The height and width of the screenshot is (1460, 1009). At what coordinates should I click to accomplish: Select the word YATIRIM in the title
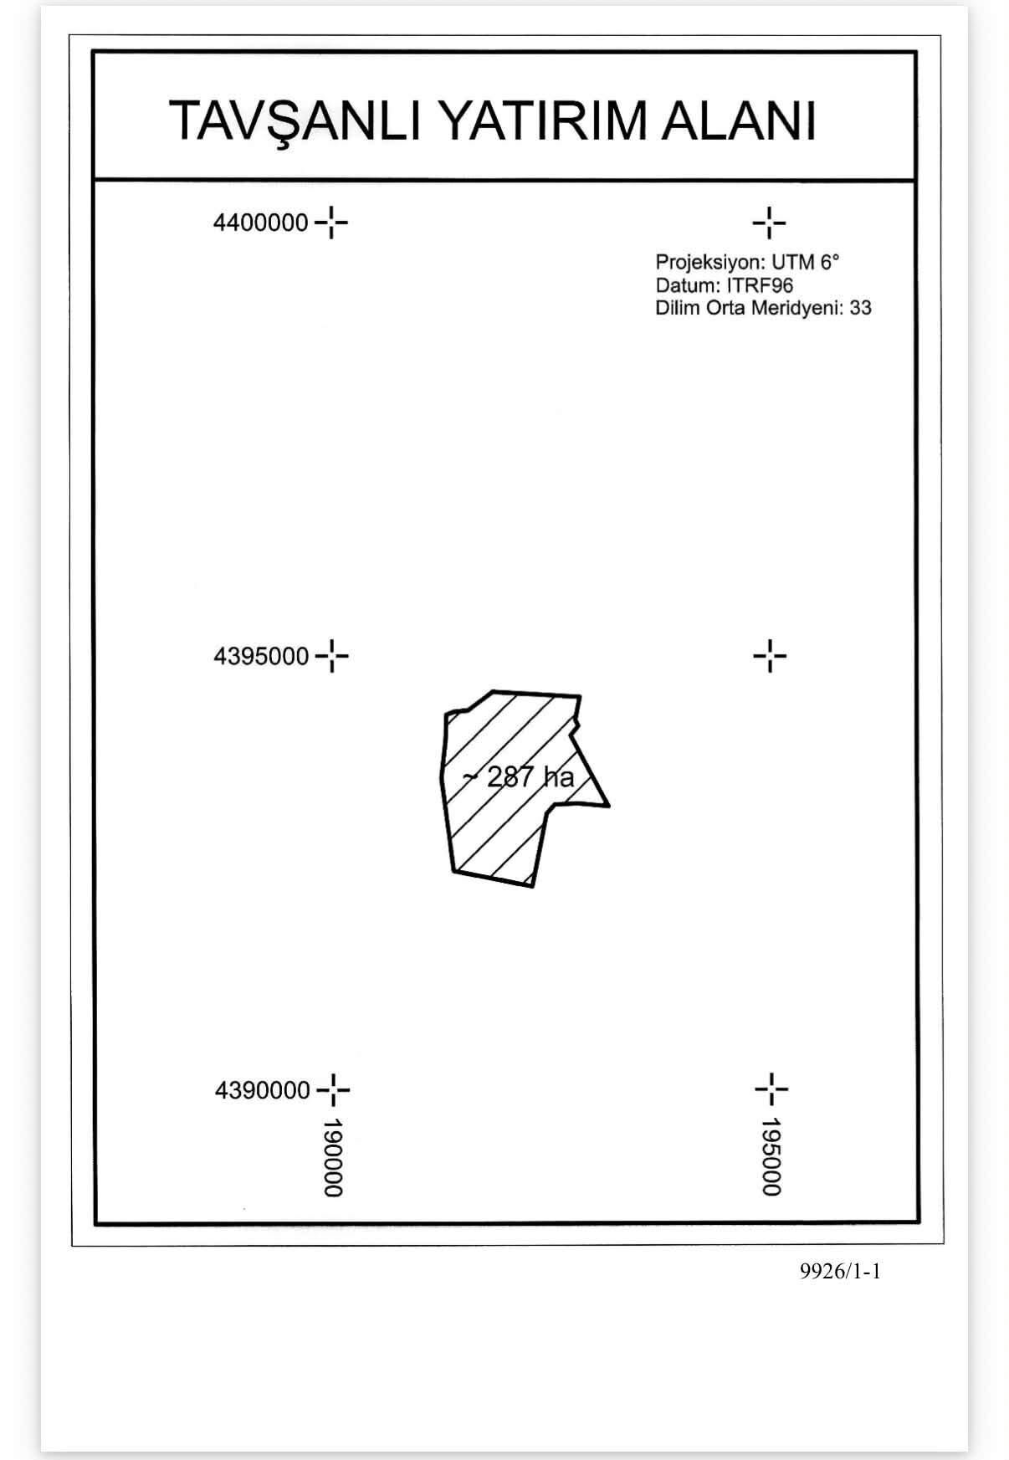coord(544,120)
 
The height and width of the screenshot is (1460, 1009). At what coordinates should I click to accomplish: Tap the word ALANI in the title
coord(739,120)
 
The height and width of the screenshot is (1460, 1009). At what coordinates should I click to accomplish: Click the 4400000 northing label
coord(261,223)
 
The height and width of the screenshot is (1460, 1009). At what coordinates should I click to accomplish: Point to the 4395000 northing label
coord(261,656)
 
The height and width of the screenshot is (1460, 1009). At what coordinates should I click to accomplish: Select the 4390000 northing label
coord(263,1090)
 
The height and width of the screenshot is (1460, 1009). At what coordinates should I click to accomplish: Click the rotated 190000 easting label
coord(333,1157)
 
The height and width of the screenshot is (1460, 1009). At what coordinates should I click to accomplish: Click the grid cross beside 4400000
coord(332,223)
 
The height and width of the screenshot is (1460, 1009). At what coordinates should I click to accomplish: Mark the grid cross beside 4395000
coord(332,656)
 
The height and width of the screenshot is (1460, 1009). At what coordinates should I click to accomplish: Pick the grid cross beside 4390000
coord(333,1089)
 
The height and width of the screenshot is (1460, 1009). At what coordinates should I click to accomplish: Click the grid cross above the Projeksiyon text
coord(769,223)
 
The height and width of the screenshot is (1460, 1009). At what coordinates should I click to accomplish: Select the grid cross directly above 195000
coord(771,1089)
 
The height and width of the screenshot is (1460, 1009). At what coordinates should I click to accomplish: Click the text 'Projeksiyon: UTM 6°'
coord(747,263)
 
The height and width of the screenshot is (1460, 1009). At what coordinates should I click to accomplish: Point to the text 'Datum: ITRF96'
coord(724,285)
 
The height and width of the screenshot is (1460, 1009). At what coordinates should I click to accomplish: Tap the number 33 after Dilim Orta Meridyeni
coord(860,308)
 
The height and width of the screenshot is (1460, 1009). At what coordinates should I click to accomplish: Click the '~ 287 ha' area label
coord(519,777)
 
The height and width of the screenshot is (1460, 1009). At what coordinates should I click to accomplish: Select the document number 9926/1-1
coord(840,1272)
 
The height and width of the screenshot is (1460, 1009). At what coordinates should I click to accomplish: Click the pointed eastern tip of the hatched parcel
coord(609,807)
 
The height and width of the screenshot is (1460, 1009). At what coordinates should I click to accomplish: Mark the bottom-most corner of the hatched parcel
coord(532,886)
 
